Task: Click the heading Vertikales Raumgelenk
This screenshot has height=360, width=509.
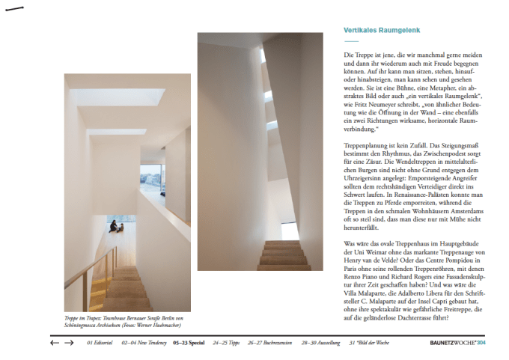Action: coord(382,31)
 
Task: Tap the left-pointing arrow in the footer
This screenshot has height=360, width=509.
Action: coord(54,343)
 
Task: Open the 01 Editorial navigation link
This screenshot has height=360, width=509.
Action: coord(100,343)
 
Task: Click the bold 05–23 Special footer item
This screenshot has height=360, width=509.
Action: coord(189,343)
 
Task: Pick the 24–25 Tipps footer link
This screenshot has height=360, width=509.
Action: coord(227,343)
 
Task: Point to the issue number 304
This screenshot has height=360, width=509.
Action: coord(481,343)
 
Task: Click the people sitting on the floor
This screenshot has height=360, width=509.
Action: coord(115,227)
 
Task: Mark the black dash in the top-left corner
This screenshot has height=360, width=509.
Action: coord(14,9)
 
